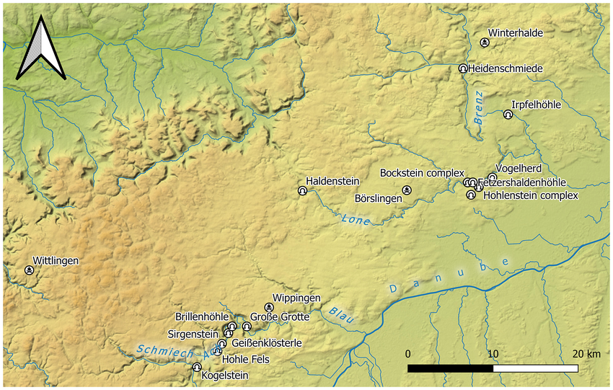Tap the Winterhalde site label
click(x=515, y=32)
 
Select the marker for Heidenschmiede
click(x=463, y=68)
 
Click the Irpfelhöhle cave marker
click(x=508, y=115)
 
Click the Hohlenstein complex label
click(x=530, y=195)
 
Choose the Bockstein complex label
click(x=422, y=174)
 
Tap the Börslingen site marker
click(x=407, y=190)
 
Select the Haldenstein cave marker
click(x=302, y=191)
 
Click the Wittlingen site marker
click(x=29, y=270)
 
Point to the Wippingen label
click(x=296, y=298)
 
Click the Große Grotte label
click(x=280, y=317)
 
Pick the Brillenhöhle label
click(x=202, y=317)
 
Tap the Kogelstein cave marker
click(x=197, y=367)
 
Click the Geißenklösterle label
click(x=266, y=343)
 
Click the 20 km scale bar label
click(x=585, y=354)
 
